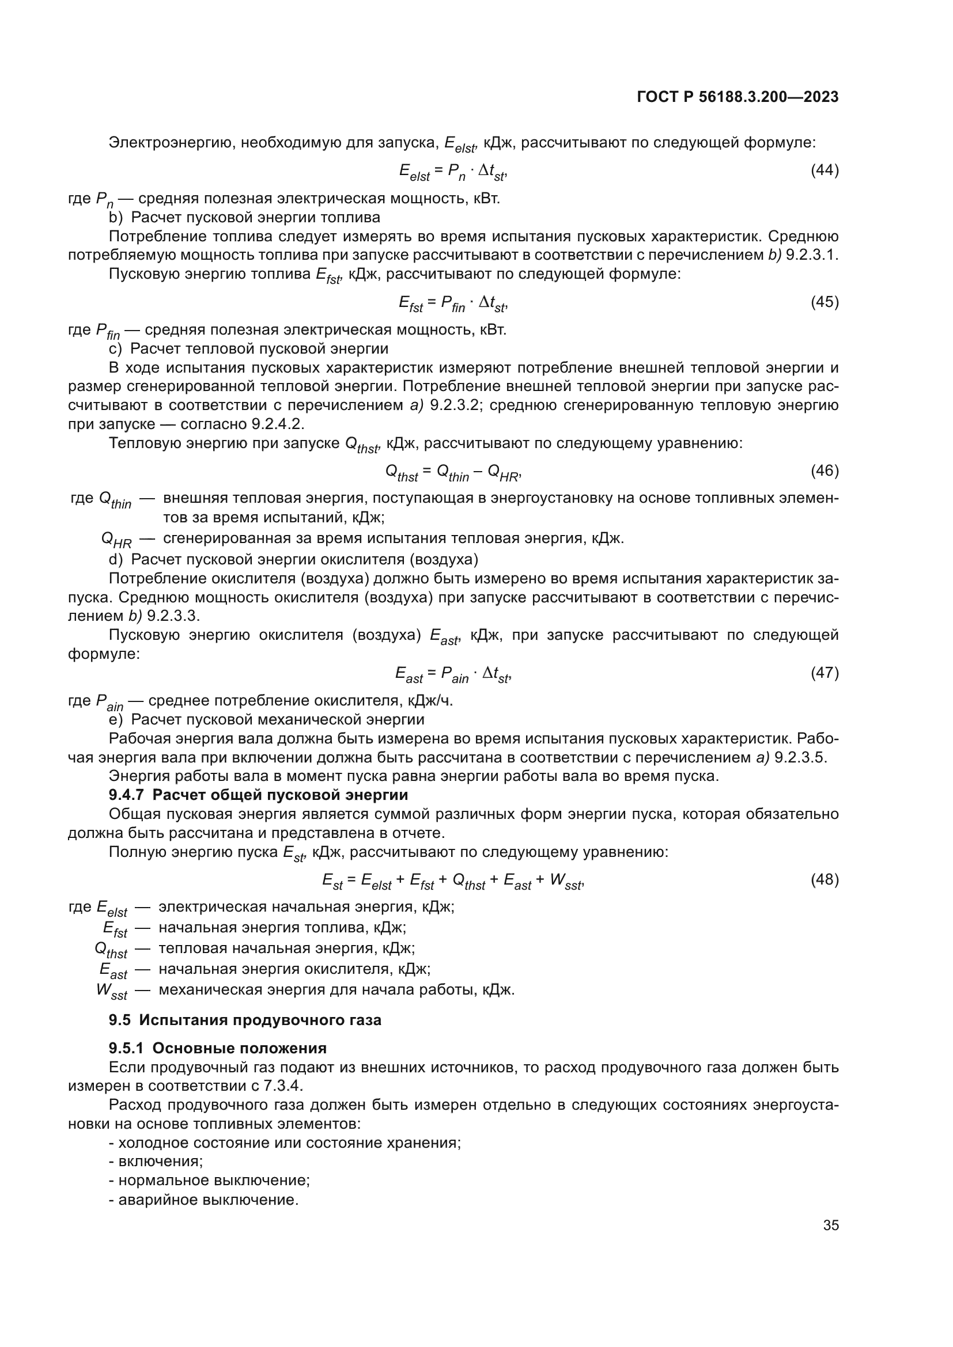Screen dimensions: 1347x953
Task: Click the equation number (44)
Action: (824, 170)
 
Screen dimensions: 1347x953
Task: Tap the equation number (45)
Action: (824, 302)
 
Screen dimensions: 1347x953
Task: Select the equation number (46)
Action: (824, 470)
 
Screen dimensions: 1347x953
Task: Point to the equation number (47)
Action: (824, 673)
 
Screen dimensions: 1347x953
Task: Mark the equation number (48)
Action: (824, 879)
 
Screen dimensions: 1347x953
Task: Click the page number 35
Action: (830, 1225)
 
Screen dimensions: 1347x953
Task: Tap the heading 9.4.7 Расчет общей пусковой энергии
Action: (258, 795)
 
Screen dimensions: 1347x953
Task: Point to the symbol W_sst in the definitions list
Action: (111, 992)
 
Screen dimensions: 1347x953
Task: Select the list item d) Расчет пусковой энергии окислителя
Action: (293, 559)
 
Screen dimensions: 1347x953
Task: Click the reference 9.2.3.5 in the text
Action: (800, 757)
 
